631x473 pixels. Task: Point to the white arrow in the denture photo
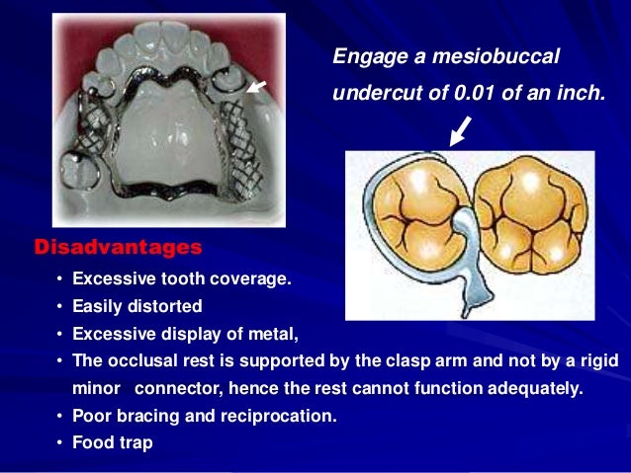click(x=256, y=87)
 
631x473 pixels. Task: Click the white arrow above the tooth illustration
click(x=460, y=130)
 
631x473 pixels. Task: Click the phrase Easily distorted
click(x=137, y=306)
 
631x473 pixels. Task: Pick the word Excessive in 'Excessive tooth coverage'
click(x=111, y=279)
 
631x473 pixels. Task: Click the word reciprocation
click(x=283, y=417)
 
